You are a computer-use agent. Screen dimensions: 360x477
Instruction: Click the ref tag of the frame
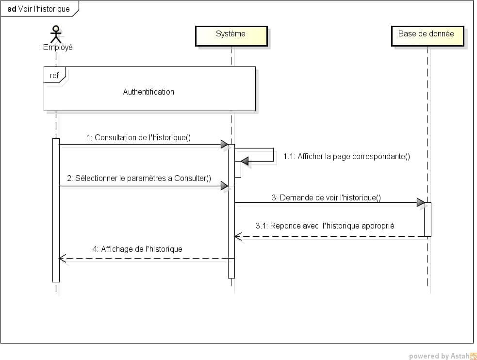click(55, 76)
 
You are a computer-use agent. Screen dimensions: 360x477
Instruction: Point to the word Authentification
click(148, 92)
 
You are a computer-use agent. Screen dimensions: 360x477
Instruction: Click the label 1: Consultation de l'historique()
click(139, 137)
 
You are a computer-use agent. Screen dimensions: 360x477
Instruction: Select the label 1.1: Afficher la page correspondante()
click(347, 156)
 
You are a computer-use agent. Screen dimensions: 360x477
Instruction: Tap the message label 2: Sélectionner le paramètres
click(143, 178)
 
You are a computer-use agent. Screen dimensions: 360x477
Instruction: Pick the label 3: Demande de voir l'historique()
click(326, 197)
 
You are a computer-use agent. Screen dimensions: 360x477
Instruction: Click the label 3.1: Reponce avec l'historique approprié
click(325, 226)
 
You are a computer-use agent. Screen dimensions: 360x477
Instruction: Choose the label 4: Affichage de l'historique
click(137, 249)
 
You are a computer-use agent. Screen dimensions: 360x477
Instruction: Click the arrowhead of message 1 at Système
click(224, 144)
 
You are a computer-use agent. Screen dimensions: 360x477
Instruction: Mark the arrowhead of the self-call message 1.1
click(245, 161)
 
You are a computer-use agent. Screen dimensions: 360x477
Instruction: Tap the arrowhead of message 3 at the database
click(421, 203)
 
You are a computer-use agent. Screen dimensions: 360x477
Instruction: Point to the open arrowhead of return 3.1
click(238, 237)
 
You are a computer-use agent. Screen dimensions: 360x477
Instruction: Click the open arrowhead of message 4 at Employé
click(62, 259)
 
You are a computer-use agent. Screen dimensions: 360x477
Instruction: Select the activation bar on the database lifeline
click(428, 219)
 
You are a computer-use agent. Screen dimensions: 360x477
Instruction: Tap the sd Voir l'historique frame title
click(39, 9)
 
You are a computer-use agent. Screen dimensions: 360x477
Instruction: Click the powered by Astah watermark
click(436, 356)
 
